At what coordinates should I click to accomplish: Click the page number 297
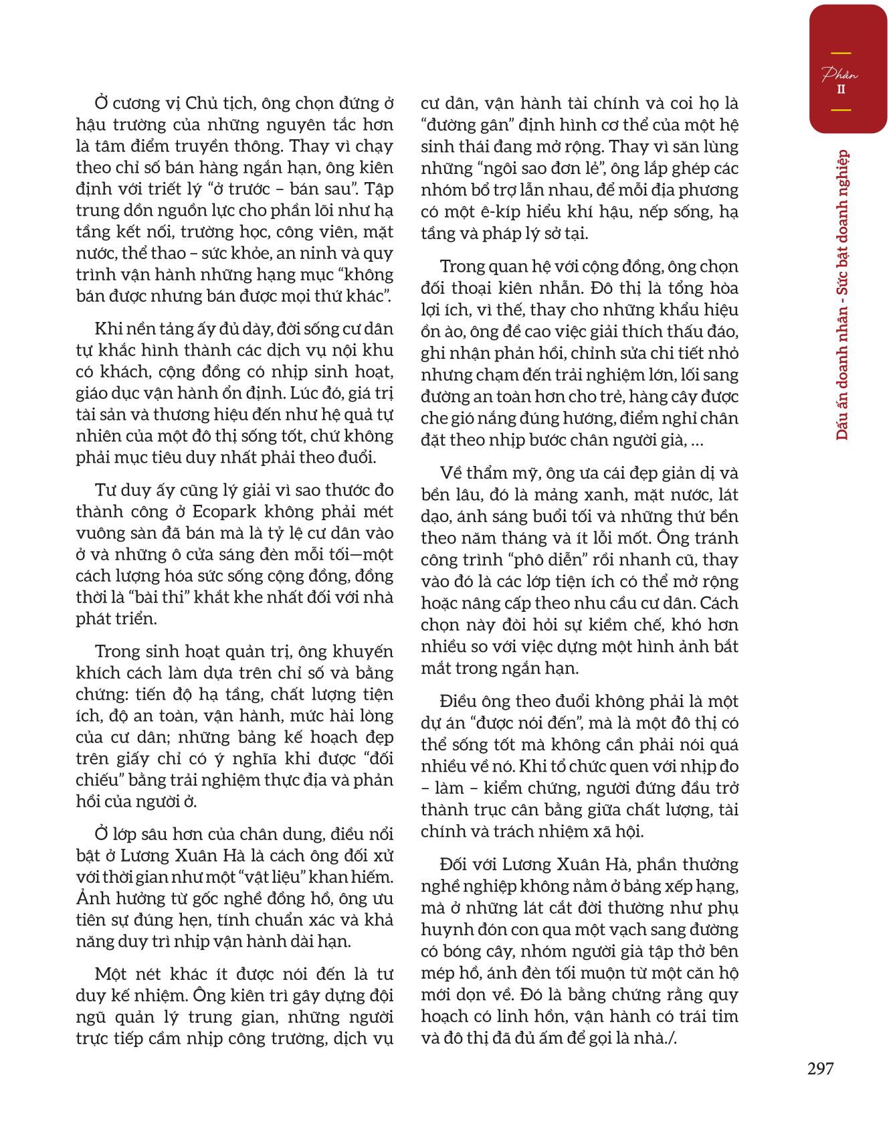[821, 1069]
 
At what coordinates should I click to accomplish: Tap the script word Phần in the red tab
[840, 74]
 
